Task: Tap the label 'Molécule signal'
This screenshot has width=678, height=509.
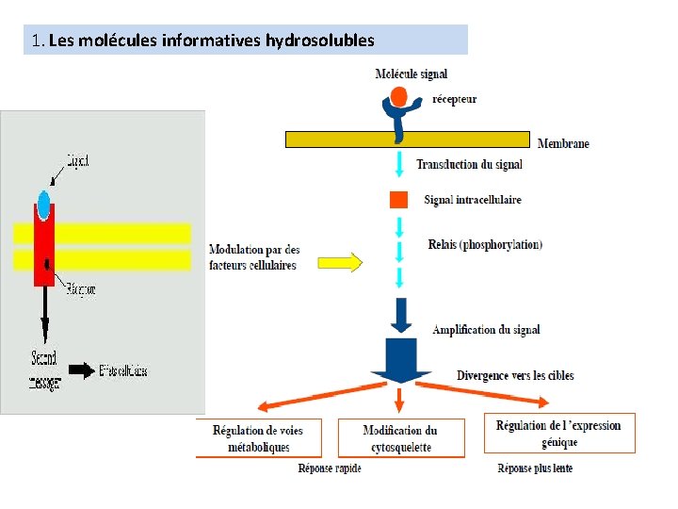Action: click(411, 74)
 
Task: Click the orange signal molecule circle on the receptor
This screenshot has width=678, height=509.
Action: click(399, 96)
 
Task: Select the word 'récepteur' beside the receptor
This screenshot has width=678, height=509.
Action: click(454, 99)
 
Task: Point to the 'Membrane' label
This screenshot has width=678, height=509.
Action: click(563, 143)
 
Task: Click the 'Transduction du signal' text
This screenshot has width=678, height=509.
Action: click(469, 164)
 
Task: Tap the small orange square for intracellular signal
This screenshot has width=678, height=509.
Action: click(399, 199)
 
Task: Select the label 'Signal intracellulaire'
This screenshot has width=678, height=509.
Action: click(473, 200)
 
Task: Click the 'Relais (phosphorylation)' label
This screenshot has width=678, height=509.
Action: click(485, 245)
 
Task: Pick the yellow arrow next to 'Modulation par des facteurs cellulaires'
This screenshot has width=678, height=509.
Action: click(340, 261)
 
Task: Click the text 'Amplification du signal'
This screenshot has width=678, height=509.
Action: click(486, 330)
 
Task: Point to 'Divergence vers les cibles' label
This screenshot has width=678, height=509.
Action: click(515, 375)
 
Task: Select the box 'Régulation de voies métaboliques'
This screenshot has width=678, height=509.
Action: click(258, 439)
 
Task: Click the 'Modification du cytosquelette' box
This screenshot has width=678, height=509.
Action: click(400, 439)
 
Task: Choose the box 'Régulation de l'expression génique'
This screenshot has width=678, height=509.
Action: click(559, 434)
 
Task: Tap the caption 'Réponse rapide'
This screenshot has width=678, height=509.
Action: click(330, 468)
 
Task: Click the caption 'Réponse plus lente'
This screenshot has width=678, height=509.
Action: click(535, 468)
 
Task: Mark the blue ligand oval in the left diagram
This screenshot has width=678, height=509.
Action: click(44, 203)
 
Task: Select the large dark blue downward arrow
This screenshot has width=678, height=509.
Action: click(401, 353)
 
